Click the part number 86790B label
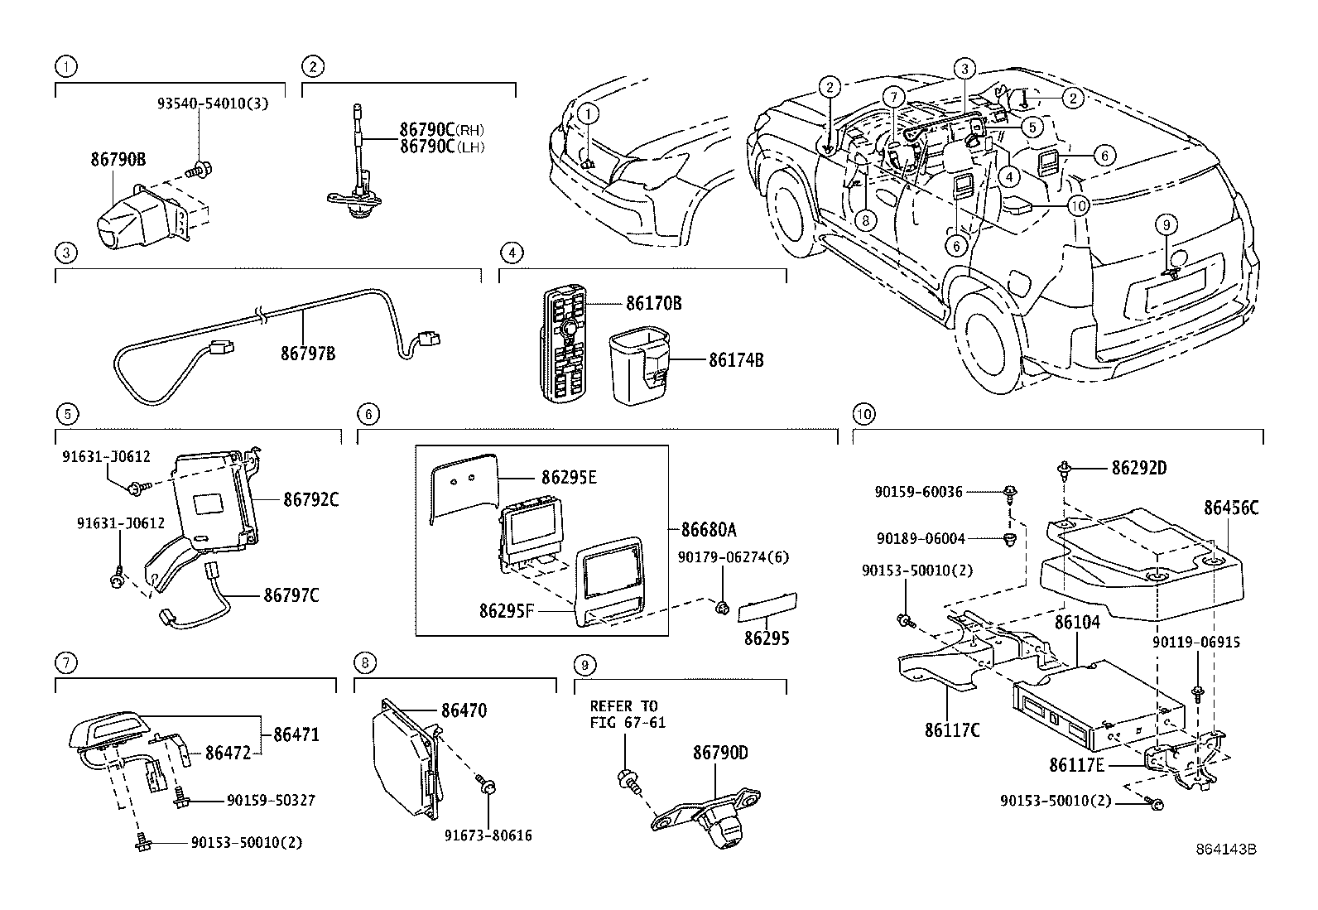(x=118, y=160)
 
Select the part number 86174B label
(x=736, y=360)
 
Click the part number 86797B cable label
(x=308, y=354)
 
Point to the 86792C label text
(x=311, y=500)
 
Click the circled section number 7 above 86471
(x=66, y=662)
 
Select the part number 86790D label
(x=720, y=753)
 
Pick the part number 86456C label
(x=1231, y=508)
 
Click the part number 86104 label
(x=1076, y=623)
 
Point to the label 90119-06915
(x=1196, y=642)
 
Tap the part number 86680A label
(x=709, y=529)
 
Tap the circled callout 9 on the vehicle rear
(x=1165, y=224)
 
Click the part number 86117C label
(x=952, y=730)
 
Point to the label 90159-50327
(x=271, y=801)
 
